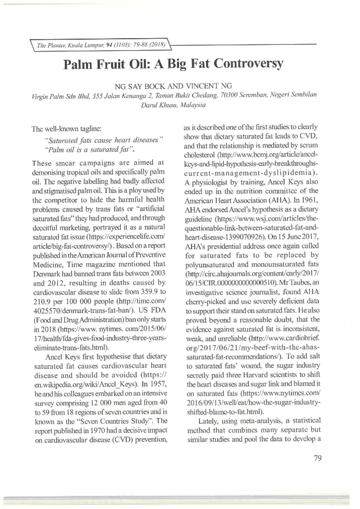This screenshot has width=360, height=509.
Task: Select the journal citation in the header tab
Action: [x=101, y=45]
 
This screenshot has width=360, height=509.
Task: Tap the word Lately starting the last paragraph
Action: [x=209, y=421]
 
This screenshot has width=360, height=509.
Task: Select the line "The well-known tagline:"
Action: [x=67, y=129]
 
